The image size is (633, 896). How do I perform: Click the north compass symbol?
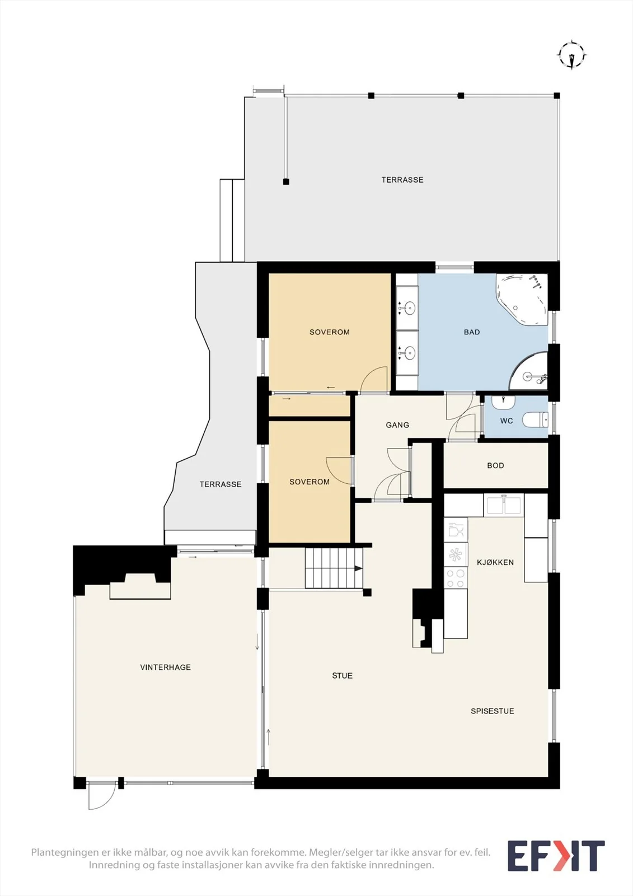[x=572, y=55]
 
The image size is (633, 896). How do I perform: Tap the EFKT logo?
[x=556, y=856]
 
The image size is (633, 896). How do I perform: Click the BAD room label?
[x=472, y=332]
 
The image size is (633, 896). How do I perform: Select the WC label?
[x=507, y=421]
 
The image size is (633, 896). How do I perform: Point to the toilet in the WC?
[x=536, y=419]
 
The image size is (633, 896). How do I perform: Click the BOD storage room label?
[x=495, y=465]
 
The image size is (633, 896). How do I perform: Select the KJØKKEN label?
[x=495, y=562]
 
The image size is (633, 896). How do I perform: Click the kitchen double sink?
[x=504, y=505]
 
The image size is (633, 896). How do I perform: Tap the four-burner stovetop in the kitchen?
[x=456, y=579]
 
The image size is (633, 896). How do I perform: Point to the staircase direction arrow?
[x=358, y=568]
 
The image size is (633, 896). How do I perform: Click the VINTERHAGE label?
[x=165, y=667]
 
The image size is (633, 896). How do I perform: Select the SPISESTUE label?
[x=493, y=711]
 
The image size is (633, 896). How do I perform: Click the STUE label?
[x=343, y=675]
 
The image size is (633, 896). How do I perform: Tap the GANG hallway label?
[x=397, y=425]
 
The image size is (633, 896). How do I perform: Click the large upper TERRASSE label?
[x=402, y=180]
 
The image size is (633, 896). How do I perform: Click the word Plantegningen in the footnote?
[x=64, y=852]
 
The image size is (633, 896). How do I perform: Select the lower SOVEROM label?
[x=310, y=482]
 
